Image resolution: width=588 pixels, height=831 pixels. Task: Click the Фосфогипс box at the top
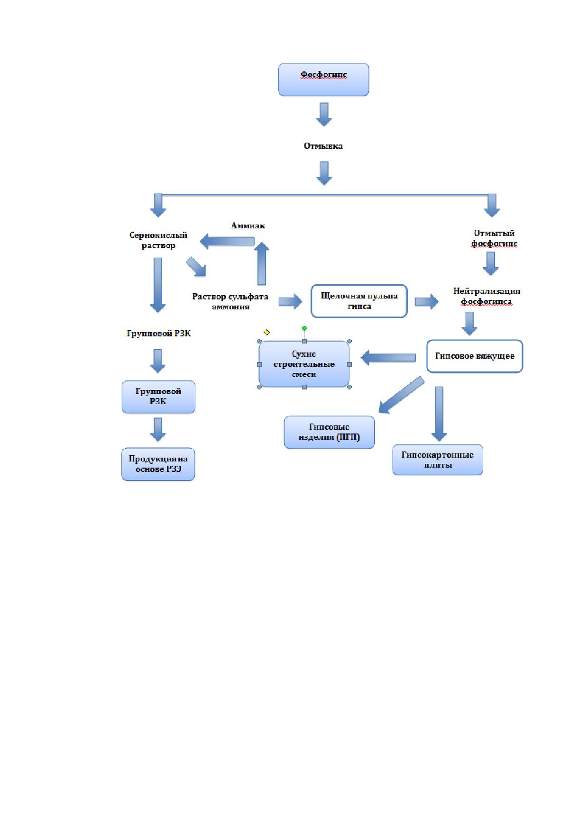(x=323, y=80)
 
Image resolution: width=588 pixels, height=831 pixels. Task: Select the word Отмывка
(x=323, y=146)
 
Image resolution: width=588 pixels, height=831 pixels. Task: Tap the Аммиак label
(x=248, y=226)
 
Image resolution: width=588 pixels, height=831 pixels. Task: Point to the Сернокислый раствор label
(x=158, y=240)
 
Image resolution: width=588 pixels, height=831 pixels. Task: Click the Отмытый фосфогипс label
(x=494, y=238)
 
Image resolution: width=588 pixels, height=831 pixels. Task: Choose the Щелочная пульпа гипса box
(x=359, y=301)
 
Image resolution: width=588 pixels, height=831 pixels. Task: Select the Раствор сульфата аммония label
(x=230, y=301)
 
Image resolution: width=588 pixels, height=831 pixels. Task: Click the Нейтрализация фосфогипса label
(x=487, y=296)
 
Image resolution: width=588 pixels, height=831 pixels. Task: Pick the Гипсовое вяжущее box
(x=475, y=356)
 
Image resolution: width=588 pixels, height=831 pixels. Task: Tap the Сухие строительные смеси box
(x=304, y=364)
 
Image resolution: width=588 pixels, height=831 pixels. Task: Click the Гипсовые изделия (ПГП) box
(x=329, y=432)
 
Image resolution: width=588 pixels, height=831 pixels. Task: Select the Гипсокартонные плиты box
(x=438, y=460)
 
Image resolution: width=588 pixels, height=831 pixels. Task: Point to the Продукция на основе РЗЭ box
(x=158, y=464)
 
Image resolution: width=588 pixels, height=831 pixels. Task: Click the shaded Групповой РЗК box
(x=158, y=397)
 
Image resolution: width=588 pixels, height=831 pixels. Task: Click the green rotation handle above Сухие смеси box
(x=304, y=328)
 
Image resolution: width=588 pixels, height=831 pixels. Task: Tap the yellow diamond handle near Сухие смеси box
(x=266, y=333)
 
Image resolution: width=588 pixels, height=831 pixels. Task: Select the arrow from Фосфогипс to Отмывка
(x=324, y=114)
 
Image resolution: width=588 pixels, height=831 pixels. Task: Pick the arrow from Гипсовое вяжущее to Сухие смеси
(x=388, y=358)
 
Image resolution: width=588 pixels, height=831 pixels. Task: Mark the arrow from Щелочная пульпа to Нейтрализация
(x=427, y=301)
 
